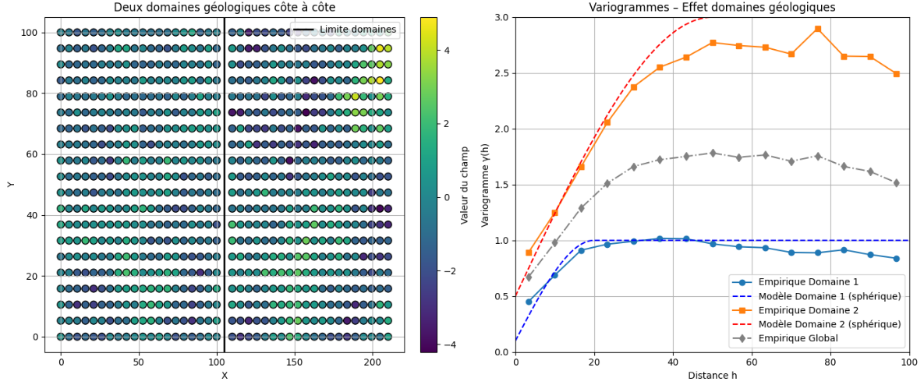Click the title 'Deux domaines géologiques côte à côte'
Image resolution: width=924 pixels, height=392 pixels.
[x=224, y=7]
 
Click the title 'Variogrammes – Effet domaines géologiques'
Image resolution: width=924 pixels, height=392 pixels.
[x=712, y=7]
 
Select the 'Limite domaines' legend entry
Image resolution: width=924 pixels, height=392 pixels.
[x=358, y=30]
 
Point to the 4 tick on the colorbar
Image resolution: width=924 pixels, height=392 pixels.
[x=446, y=50]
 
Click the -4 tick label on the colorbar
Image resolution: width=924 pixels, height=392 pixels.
[x=448, y=344]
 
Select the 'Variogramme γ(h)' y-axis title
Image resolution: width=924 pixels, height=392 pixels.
[x=485, y=185]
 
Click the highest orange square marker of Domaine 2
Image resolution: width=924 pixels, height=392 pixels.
[x=818, y=29]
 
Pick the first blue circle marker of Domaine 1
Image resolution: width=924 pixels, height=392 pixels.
[x=529, y=302]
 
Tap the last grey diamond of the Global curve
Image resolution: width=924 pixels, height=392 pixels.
[x=897, y=183]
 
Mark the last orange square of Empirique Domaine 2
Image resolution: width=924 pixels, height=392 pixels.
[x=897, y=74]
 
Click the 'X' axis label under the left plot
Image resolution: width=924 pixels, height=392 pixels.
[x=224, y=376]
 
